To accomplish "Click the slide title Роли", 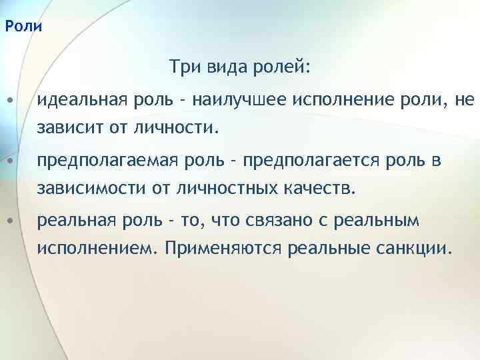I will point(23,27).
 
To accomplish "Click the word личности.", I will point(181,126).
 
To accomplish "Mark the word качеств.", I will point(319,187).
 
